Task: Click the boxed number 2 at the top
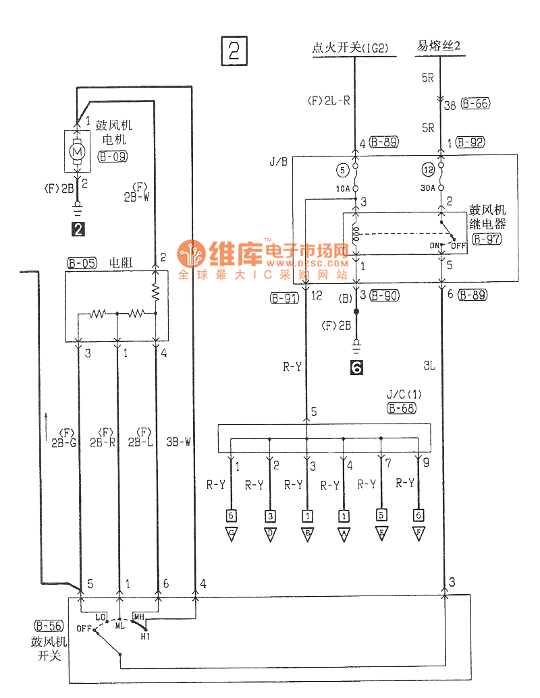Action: click(234, 51)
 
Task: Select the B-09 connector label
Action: click(113, 157)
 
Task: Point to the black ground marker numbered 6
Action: click(356, 368)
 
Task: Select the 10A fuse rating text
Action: click(343, 190)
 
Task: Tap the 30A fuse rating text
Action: click(427, 190)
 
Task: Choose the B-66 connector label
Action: click(475, 104)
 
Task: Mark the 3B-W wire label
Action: click(178, 443)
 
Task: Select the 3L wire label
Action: click(429, 366)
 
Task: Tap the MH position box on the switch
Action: click(139, 616)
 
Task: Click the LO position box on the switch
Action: click(101, 616)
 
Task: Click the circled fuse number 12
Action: click(428, 170)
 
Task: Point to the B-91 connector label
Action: click(283, 297)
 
